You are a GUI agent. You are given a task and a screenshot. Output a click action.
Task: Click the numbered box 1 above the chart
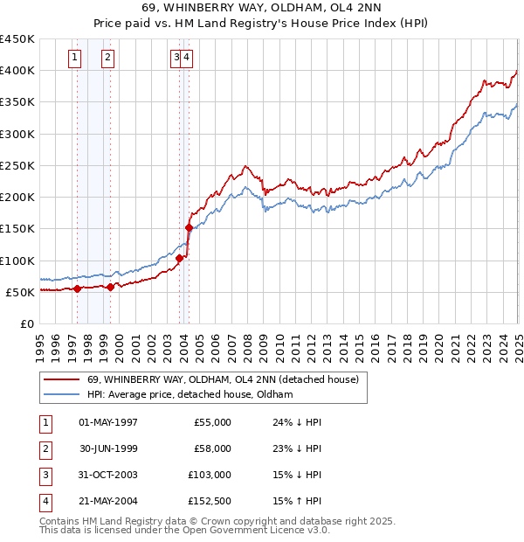(75, 58)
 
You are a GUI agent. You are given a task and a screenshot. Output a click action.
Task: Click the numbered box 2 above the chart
(107, 58)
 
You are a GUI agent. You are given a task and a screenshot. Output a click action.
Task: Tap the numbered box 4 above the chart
(188, 58)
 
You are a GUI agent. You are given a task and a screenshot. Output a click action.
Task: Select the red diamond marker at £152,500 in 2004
(189, 227)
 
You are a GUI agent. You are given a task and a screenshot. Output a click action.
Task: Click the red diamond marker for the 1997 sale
(77, 288)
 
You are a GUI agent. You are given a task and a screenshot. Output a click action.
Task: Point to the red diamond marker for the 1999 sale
(111, 287)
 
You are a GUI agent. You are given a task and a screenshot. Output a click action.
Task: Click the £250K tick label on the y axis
(17, 165)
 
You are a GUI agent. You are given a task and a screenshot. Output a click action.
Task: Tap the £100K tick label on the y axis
(17, 261)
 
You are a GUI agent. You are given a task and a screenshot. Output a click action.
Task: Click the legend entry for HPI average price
(190, 395)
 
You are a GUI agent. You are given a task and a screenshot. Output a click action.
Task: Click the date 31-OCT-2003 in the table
(108, 476)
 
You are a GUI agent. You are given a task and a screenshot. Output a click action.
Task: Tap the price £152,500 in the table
(209, 502)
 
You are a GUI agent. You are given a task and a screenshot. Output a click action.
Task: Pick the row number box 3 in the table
(45, 476)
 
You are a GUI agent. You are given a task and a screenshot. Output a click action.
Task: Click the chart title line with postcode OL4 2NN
(261, 10)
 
